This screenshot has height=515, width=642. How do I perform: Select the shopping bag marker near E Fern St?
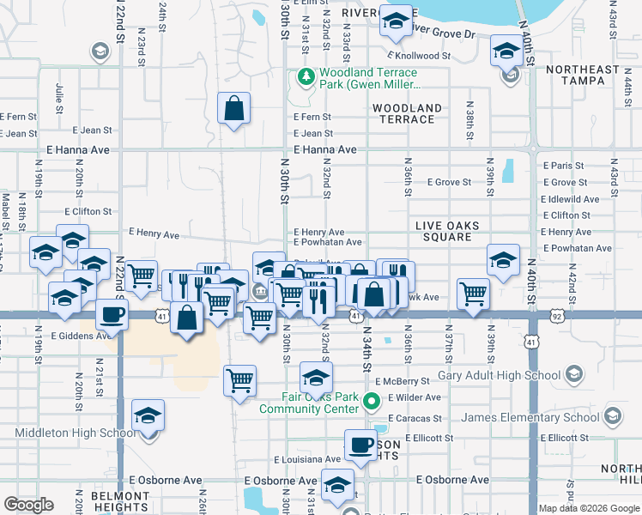pos(233,108)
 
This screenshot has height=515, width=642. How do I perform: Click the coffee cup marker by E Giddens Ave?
pos(112,315)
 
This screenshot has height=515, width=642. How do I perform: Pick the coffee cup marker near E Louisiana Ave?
pos(360,445)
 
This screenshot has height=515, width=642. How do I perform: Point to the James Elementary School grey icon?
pos(613,418)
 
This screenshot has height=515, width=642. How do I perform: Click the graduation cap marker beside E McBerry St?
pos(316,377)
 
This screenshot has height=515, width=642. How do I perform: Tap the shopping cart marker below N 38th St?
pos(473,294)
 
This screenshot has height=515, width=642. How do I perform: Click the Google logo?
pos(28,505)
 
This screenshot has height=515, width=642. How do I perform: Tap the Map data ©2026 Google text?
pos(588,508)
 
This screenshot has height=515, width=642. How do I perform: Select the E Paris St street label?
pos(563,166)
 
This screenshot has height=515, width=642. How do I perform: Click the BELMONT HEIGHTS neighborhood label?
pos(120,502)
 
